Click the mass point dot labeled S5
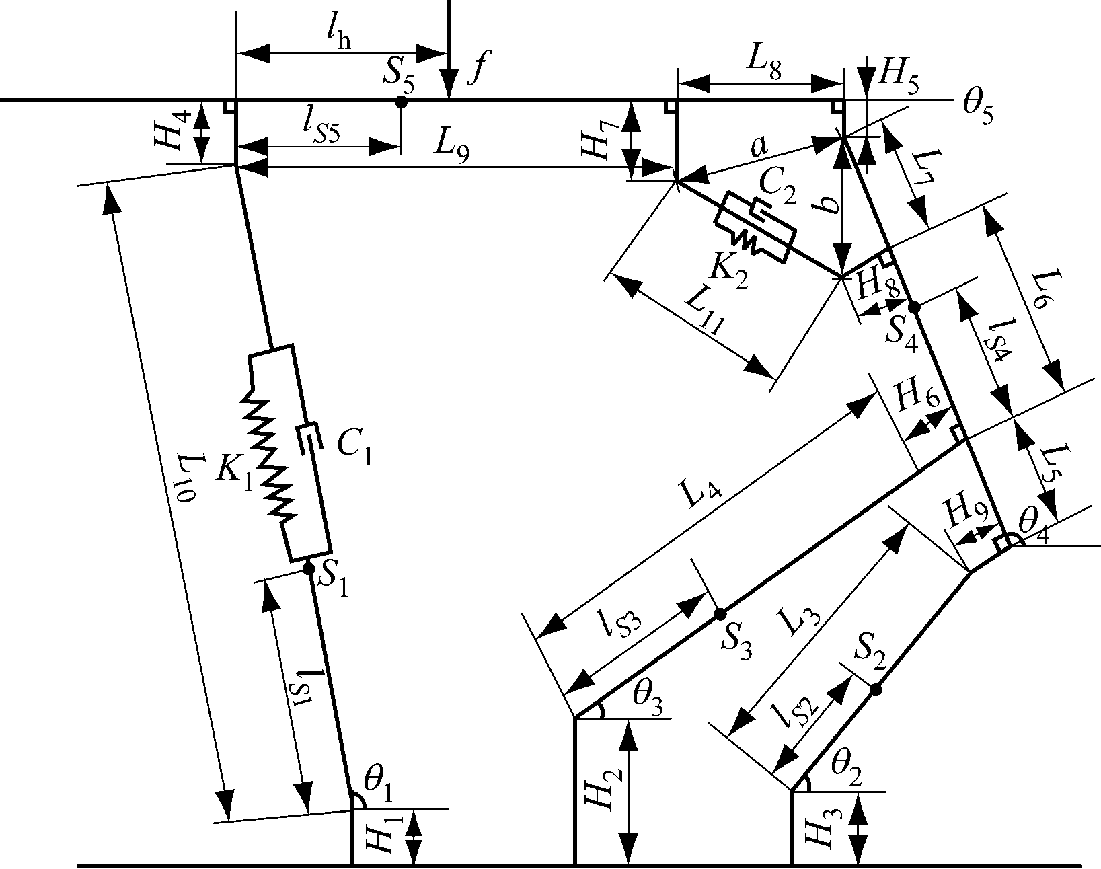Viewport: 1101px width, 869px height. tap(401, 102)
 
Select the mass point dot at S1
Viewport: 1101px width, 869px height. tap(309, 569)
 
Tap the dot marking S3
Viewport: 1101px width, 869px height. tap(720, 613)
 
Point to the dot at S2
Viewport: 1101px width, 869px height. tap(876, 689)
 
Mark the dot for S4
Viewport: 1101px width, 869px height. tap(913, 307)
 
